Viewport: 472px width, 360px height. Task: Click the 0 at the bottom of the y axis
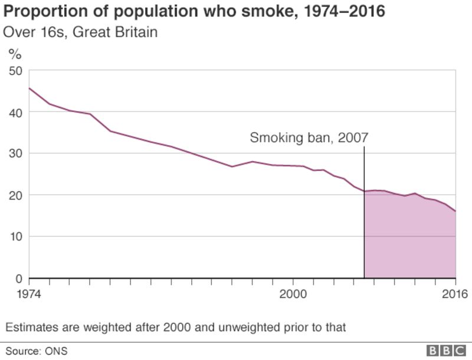(x=18, y=278)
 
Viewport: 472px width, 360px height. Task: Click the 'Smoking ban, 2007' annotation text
(x=309, y=138)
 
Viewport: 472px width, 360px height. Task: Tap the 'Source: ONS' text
(x=37, y=351)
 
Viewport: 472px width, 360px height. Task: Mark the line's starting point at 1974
(x=29, y=88)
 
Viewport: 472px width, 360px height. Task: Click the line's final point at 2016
(x=455, y=211)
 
